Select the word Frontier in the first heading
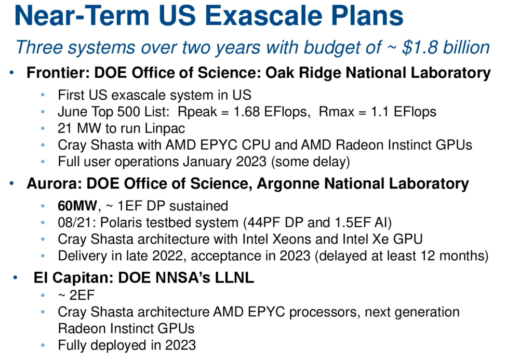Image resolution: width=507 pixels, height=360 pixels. (x=58, y=72)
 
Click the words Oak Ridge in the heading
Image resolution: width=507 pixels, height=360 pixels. (x=303, y=72)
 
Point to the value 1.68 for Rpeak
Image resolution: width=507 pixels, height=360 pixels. (x=247, y=112)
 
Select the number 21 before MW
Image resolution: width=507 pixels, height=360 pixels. (x=64, y=128)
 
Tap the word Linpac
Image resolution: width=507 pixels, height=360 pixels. (x=165, y=128)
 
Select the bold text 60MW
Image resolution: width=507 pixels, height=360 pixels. (x=77, y=206)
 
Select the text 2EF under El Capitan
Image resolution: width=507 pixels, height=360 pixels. (x=82, y=295)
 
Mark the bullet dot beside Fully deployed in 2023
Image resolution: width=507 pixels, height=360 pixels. (x=43, y=345)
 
